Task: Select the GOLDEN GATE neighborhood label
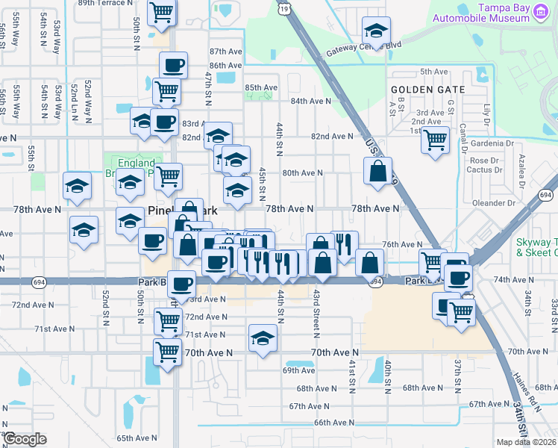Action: (427, 90)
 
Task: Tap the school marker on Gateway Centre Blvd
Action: (377, 31)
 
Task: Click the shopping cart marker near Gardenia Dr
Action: (435, 139)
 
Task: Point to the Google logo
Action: (25, 439)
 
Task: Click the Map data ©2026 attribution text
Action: (527, 442)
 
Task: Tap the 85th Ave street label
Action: (261, 87)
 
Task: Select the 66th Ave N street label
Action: (333, 423)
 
